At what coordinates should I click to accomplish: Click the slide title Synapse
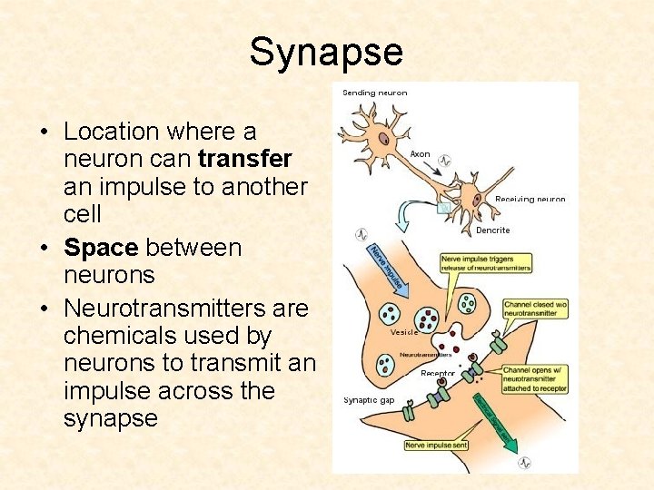click(326, 52)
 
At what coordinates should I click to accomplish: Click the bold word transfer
click(245, 159)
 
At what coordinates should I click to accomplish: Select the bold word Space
click(102, 248)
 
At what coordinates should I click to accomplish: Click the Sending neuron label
click(374, 93)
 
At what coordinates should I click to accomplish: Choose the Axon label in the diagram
click(420, 154)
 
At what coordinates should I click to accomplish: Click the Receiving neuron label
click(530, 200)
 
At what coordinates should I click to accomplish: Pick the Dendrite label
click(493, 230)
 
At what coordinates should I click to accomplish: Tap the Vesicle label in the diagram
click(403, 333)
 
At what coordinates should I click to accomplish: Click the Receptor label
click(438, 373)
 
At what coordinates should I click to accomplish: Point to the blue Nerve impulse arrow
click(385, 269)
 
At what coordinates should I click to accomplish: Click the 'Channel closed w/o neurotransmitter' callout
click(535, 309)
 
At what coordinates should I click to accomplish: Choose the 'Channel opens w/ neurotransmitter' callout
click(537, 378)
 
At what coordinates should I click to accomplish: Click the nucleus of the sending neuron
click(384, 140)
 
